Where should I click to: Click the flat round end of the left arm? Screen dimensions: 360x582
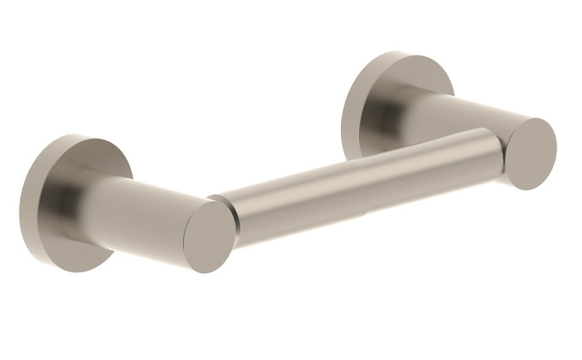click(x=209, y=237)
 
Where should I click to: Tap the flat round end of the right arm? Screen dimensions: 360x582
click(x=530, y=153)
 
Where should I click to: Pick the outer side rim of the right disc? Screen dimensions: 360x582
click(x=347, y=119)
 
